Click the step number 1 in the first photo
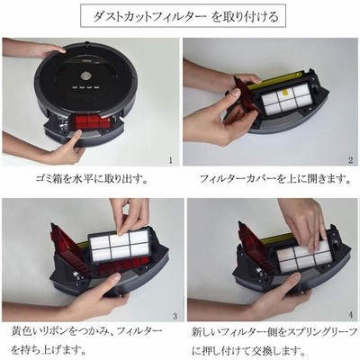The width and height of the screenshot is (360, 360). [x=171, y=160]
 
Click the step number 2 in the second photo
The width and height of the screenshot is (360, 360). [x=351, y=160]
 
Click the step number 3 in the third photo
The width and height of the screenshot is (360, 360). [x=175, y=316]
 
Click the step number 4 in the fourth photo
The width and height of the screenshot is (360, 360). [x=351, y=315]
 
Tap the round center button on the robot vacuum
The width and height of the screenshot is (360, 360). [x=85, y=75]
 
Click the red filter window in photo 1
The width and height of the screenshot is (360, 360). [x=92, y=122]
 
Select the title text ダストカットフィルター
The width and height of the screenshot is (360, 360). [x=149, y=16]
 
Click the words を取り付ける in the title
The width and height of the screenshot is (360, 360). [x=246, y=16]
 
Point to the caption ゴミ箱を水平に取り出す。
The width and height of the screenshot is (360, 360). [x=92, y=179]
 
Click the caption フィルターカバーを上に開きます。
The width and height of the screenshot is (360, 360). [x=274, y=179]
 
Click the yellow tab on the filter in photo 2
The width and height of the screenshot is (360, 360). [x=283, y=94]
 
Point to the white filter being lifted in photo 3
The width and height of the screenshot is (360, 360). [x=120, y=245]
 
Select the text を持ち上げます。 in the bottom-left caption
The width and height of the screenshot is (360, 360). [x=48, y=349]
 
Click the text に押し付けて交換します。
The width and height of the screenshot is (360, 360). [x=247, y=349]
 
